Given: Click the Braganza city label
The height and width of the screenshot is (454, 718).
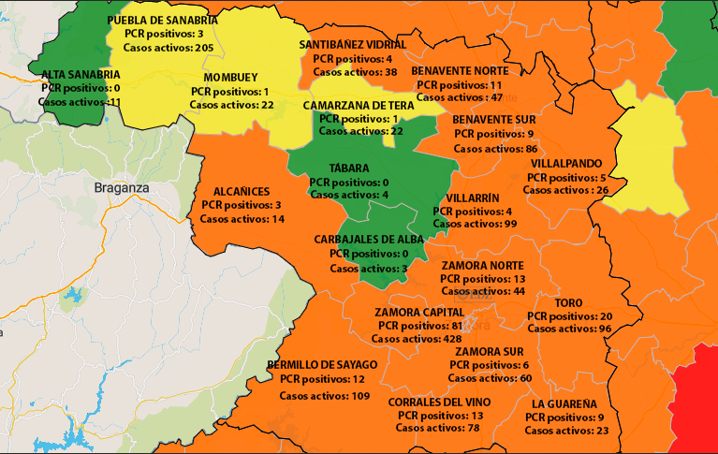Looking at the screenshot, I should pos(123,187).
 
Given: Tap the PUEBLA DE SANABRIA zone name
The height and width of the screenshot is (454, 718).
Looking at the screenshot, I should pos(163,20).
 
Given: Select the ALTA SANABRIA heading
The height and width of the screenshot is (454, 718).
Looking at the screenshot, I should pos(80,73).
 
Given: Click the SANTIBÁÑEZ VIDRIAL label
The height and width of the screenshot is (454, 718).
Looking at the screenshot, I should pos(353,44).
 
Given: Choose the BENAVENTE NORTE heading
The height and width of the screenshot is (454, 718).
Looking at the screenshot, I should pos(460,70).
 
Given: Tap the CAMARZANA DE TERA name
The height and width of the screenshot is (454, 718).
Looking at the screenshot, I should pos(365,105).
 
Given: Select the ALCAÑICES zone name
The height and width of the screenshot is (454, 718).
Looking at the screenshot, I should pos(242,190).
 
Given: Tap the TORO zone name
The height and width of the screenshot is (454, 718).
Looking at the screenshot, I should pos(568,303).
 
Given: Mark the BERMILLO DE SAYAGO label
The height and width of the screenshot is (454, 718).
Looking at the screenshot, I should pos(322,364).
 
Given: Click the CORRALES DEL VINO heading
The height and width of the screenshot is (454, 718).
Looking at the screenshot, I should pos(440,401).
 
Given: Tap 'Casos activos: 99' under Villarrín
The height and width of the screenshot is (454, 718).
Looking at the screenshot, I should pos(476,225).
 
